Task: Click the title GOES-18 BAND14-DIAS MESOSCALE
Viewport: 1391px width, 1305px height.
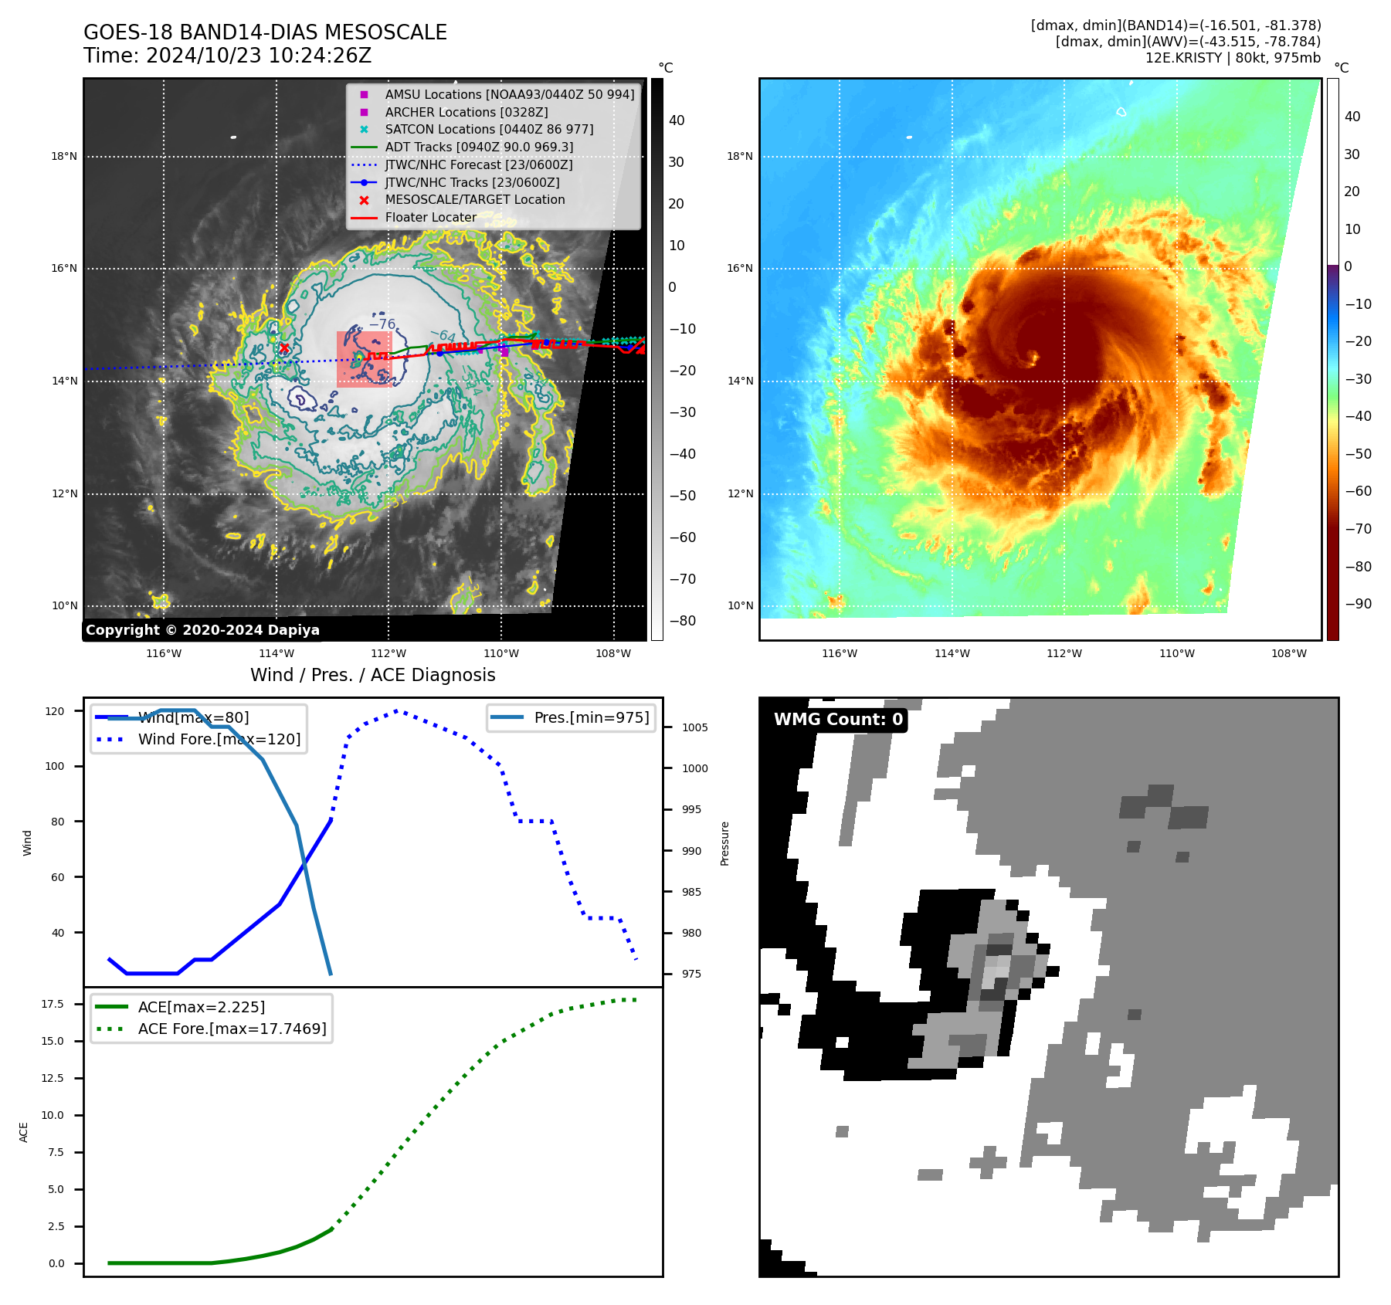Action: pos(265,32)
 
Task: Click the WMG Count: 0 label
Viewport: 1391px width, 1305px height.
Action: pos(838,720)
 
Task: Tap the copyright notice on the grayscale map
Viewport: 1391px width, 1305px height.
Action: pos(202,630)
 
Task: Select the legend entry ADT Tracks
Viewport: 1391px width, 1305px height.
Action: pos(479,147)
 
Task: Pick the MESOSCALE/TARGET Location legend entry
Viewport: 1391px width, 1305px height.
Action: pos(474,199)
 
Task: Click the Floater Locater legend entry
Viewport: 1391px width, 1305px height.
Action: pos(430,217)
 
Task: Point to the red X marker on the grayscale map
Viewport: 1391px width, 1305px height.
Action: pos(284,348)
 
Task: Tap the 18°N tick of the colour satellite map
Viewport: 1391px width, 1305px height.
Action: pos(739,157)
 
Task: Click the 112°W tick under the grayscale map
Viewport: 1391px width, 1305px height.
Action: pos(388,653)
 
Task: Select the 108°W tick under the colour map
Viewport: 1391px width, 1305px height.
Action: pos(1289,653)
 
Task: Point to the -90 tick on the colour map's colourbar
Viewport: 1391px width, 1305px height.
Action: pos(1358,604)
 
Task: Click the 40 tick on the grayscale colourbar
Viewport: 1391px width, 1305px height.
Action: pos(677,120)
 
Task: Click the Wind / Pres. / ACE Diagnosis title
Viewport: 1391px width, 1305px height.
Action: pos(373,675)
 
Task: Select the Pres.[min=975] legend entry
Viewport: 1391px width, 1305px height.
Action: pos(591,717)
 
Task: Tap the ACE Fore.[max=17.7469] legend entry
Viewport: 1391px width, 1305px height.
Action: pos(232,1029)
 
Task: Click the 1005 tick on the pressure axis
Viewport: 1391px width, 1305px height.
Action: pos(694,727)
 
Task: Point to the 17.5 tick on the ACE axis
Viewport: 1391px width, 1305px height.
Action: pos(53,1004)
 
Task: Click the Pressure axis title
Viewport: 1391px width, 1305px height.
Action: pos(724,843)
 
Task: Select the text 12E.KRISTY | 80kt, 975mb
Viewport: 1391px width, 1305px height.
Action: pos(1233,58)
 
